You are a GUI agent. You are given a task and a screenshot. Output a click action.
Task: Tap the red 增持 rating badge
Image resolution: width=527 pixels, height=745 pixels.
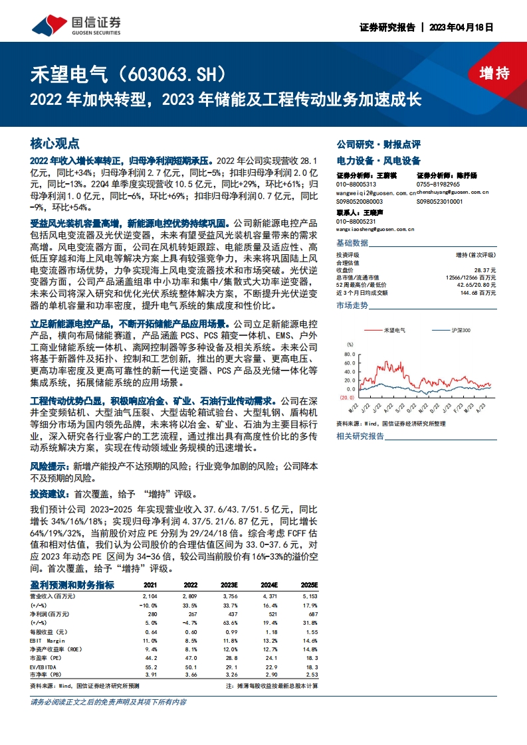[x=493, y=74]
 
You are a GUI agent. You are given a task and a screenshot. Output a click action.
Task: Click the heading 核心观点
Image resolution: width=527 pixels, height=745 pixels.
[x=54, y=143]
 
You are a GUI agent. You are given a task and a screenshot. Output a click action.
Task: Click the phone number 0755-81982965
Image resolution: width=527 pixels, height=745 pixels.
[x=438, y=184]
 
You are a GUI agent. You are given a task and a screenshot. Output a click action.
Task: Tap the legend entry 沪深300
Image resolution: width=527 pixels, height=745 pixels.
[x=461, y=330]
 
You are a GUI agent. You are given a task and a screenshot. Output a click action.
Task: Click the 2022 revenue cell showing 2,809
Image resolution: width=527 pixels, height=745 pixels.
[x=190, y=597]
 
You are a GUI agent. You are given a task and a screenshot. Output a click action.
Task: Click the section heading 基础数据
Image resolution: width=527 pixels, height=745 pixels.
[x=352, y=242]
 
